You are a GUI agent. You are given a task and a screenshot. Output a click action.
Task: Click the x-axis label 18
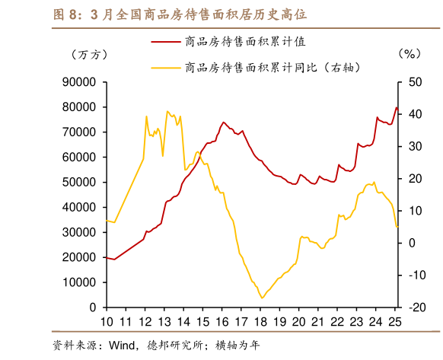coord(262,322)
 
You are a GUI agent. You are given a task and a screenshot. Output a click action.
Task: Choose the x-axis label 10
coord(107,322)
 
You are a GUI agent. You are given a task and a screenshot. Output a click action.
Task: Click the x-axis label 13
coord(165,322)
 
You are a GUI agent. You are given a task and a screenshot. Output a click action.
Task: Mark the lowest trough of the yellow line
coord(262,298)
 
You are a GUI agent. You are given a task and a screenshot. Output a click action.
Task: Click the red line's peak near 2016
coord(224,122)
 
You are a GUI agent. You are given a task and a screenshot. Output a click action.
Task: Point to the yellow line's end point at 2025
coord(397,227)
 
